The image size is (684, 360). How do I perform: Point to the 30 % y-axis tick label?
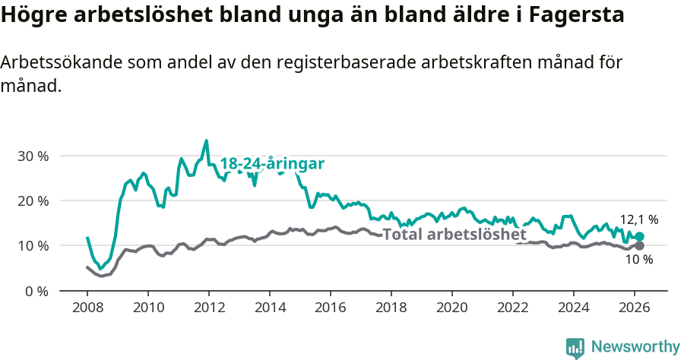tap(33, 156)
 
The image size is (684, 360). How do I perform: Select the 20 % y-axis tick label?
tap(33, 201)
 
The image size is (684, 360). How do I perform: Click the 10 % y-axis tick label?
tap(33, 245)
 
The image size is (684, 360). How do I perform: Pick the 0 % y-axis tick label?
tap(36, 291)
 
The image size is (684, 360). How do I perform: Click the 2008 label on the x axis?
tap(87, 308)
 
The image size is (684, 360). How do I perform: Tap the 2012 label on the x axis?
tap(209, 308)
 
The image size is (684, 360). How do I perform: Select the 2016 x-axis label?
tap(331, 308)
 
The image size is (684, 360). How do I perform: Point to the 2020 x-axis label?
tap(452, 308)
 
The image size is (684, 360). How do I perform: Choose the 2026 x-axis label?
tap(635, 308)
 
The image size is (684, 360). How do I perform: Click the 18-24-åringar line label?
tap(272, 163)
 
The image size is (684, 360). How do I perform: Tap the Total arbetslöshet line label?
tap(454, 234)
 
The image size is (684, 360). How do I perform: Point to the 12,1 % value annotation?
tap(639, 219)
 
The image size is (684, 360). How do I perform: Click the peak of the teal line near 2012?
tap(206, 141)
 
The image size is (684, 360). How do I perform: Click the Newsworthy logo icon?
tap(575, 347)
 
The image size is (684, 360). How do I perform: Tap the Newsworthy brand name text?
tap(635, 347)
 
